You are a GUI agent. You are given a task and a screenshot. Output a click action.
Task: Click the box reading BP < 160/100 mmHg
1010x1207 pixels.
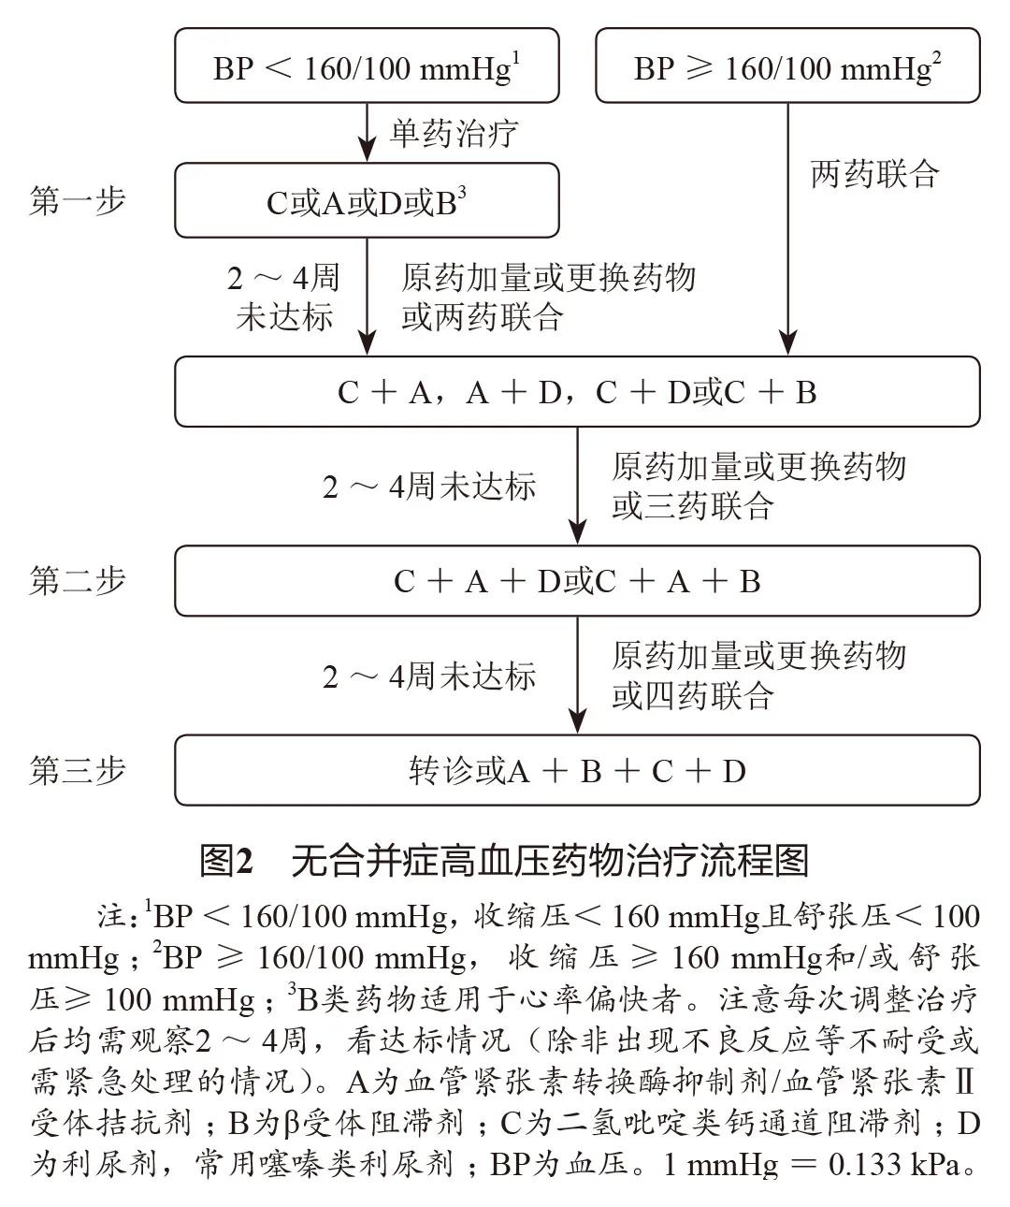point(367,65)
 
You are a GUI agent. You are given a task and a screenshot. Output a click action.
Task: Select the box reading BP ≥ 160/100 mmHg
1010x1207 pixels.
point(787,65)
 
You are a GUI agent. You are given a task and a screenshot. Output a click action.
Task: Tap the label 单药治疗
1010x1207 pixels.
point(454,133)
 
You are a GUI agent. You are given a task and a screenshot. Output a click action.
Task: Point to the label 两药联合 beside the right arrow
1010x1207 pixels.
point(874,174)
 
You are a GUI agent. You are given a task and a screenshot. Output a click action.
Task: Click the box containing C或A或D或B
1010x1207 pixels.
point(367,201)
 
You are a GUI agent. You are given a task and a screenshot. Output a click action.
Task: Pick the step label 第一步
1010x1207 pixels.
point(78,201)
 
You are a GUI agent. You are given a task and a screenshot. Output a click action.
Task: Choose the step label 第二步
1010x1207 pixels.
point(78,581)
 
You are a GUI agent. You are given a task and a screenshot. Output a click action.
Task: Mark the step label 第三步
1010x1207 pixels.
point(78,771)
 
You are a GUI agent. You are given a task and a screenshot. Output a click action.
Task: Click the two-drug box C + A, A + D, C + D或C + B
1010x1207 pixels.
point(577,392)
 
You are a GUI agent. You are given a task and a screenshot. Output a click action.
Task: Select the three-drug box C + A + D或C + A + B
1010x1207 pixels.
point(577,582)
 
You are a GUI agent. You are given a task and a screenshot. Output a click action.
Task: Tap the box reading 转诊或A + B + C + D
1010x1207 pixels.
point(577,771)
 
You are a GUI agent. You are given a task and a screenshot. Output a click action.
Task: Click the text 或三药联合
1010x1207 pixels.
point(693,506)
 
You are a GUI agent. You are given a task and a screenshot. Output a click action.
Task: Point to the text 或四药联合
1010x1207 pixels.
point(693,696)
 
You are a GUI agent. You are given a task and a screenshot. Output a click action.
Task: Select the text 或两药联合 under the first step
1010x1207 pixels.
point(483,318)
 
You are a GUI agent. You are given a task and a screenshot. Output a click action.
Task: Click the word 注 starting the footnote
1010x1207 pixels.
point(110,916)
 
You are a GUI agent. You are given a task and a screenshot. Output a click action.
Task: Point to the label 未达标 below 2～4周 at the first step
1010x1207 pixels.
point(284,318)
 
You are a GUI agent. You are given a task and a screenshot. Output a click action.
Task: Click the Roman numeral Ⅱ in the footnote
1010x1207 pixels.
point(965,1083)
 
